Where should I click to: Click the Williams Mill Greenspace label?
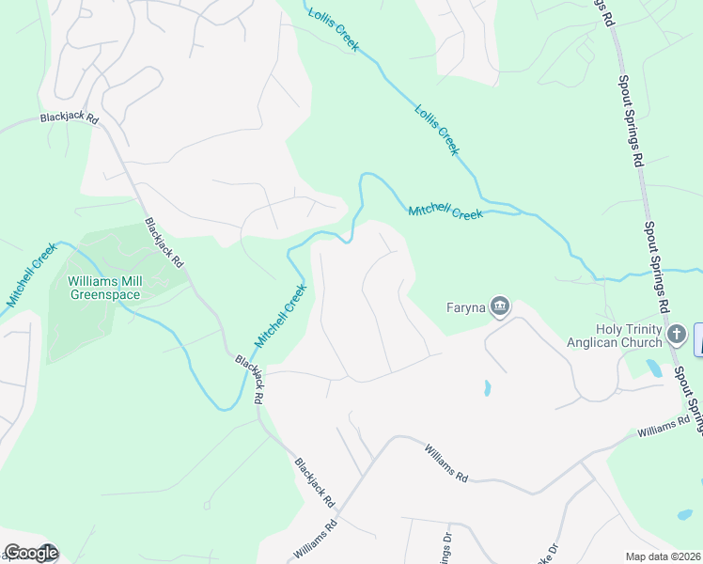click(103, 288)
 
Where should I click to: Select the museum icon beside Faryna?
click(500, 306)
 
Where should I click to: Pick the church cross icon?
click(676, 334)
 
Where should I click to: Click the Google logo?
click(31, 553)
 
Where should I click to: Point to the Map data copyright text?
click(663, 556)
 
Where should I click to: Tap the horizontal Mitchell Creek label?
click(445, 213)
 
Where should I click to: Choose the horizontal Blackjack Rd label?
click(69, 119)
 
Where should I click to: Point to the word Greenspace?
click(105, 294)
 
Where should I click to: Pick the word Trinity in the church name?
click(642, 329)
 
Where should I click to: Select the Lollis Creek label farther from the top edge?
click(437, 130)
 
